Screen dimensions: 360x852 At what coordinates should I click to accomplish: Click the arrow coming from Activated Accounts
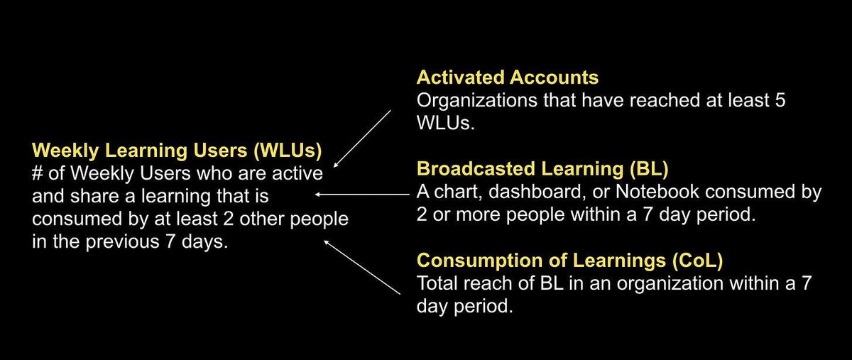click(362, 136)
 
